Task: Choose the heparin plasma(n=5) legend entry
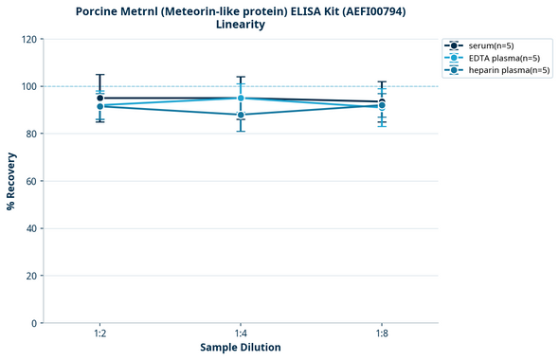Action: (x=502, y=70)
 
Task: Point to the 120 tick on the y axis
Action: (x=30, y=39)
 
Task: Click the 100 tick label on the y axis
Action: (x=30, y=86)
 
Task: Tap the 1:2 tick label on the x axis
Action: (x=99, y=333)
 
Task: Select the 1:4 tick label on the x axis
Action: (x=241, y=333)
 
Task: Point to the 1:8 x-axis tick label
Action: (x=381, y=333)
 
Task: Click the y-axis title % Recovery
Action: (x=11, y=181)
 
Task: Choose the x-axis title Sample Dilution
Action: (x=241, y=348)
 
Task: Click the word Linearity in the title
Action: (x=241, y=25)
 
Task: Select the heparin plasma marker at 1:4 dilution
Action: (x=241, y=115)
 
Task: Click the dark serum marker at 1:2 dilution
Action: (x=99, y=98)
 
